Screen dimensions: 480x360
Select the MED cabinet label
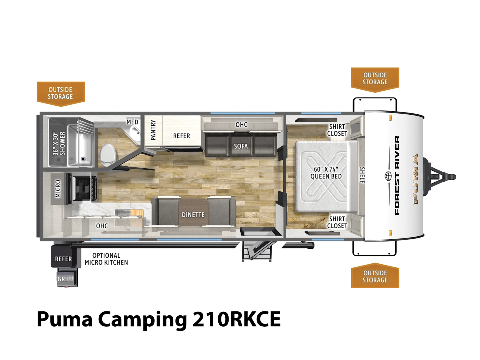click(132, 122)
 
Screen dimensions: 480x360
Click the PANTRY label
click(153, 130)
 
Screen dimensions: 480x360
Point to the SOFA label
click(241, 146)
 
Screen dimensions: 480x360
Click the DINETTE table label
click(193, 215)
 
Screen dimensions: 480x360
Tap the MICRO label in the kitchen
click(58, 189)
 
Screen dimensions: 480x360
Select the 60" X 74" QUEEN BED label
click(326, 173)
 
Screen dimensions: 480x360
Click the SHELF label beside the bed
click(362, 175)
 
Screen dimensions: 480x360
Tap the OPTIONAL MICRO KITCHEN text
click(106, 259)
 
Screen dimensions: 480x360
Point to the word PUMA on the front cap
click(416, 179)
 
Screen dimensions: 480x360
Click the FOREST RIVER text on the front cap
click(397, 175)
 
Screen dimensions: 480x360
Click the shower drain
click(83, 159)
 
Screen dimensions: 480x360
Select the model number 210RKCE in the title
click(236, 319)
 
